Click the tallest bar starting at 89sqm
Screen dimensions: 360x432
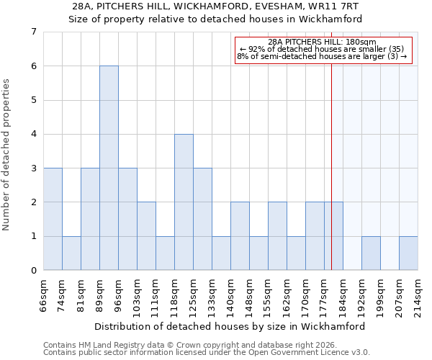(x=109, y=168)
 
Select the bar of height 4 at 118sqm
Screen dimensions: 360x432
(x=184, y=202)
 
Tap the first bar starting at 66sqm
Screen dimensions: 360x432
(x=53, y=219)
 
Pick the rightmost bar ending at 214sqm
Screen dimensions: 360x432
(x=408, y=253)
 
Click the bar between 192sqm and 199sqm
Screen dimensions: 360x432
(x=371, y=253)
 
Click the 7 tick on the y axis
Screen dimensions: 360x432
(x=33, y=32)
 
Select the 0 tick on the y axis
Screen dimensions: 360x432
(x=33, y=271)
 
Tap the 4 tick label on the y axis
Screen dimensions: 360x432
(x=33, y=134)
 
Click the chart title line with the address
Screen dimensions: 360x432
(x=215, y=6)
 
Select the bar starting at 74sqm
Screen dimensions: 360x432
(x=71, y=253)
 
